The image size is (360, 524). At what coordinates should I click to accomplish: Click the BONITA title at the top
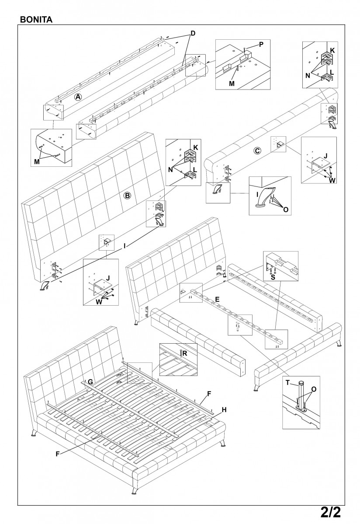36,20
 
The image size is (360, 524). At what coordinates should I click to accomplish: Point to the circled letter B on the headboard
127,195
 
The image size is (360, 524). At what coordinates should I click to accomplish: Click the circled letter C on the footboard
257,151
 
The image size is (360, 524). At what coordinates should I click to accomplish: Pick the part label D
192,34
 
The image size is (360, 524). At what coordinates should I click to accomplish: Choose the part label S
273,276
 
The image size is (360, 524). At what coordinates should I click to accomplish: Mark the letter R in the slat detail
185,352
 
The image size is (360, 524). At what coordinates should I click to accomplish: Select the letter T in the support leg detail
288,382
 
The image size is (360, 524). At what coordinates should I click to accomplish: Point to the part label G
90,381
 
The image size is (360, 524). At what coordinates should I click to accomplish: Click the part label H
224,410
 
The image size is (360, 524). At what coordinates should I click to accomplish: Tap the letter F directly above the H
209,393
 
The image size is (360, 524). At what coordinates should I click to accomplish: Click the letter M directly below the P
232,83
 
